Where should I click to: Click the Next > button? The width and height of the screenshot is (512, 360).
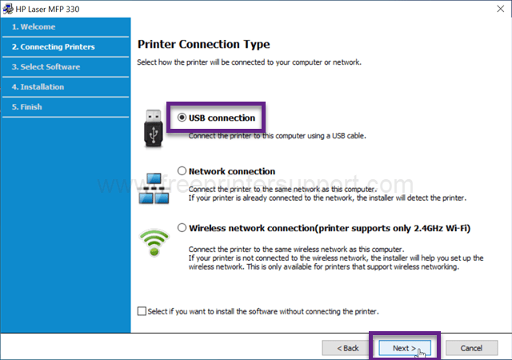click(405, 348)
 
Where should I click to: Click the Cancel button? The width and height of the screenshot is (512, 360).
click(471, 348)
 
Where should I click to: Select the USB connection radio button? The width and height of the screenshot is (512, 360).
click(182, 118)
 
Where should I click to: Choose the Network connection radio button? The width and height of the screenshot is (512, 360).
click(182, 171)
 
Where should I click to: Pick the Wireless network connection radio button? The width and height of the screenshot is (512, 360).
click(182, 228)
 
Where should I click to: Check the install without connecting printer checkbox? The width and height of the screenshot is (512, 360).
click(142, 311)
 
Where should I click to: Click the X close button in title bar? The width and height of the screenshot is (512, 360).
click(500, 9)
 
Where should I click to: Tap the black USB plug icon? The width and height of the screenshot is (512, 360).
click(153, 129)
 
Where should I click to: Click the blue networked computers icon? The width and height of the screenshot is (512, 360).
click(154, 189)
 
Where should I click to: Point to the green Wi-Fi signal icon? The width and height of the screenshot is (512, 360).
click(154, 242)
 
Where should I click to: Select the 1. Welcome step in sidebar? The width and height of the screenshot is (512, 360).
click(34, 26)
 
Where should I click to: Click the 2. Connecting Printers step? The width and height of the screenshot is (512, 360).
click(54, 46)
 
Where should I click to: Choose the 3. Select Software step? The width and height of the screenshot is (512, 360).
click(46, 67)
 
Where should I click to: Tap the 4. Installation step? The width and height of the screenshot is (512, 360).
click(38, 87)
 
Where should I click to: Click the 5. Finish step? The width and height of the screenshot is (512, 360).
click(26, 107)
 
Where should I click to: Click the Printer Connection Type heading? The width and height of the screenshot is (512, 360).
click(204, 45)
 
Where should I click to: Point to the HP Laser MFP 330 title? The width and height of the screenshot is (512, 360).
click(47, 9)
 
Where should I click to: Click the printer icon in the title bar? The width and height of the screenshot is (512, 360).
click(8, 9)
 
